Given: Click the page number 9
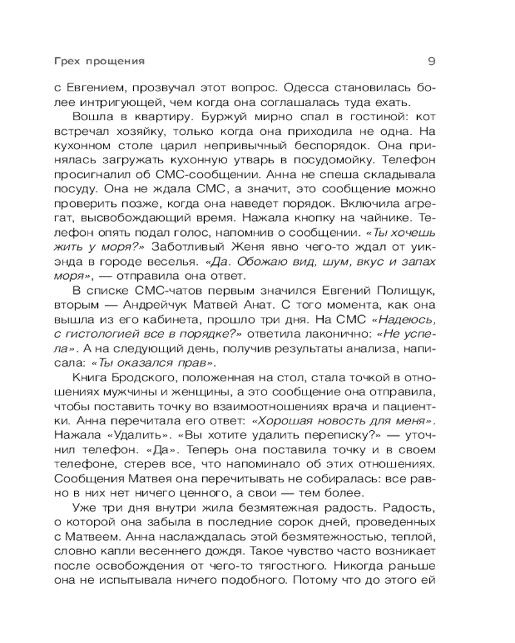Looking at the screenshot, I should [432, 62].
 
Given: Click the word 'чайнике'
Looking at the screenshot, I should [407, 217].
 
